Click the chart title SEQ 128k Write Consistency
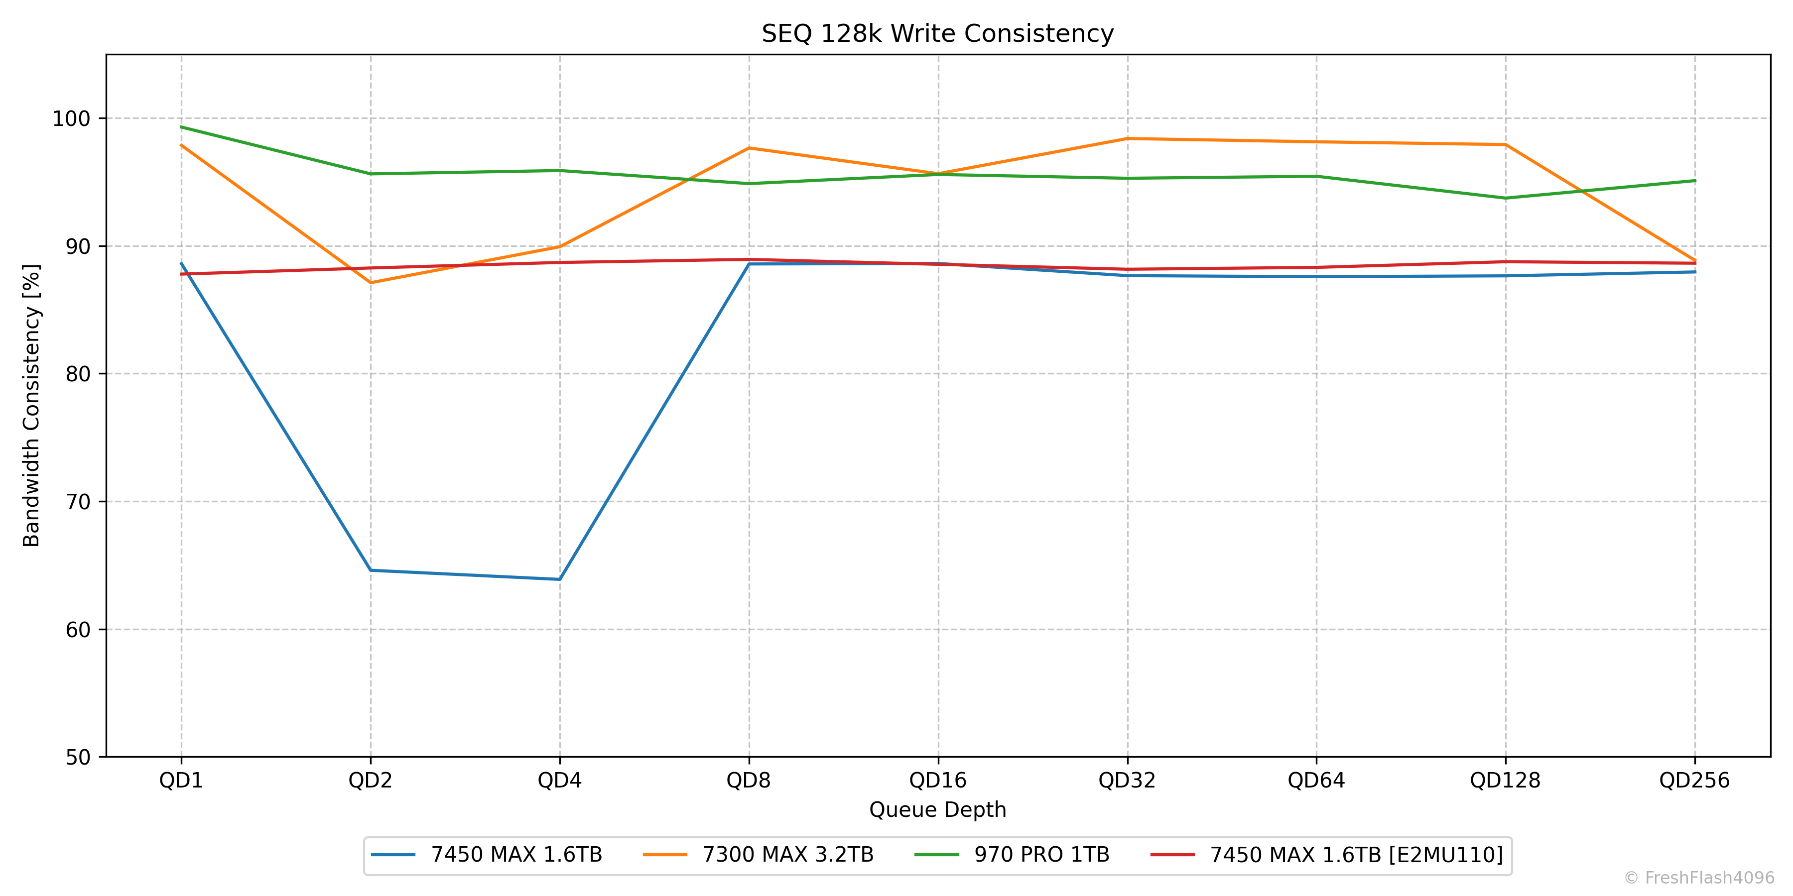click(937, 33)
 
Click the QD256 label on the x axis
click(1694, 781)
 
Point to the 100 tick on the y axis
click(72, 119)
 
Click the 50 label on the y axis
click(78, 758)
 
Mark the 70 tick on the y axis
click(78, 502)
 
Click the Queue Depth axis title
click(937, 810)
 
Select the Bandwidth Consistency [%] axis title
click(32, 406)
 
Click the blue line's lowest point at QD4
click(560, 579)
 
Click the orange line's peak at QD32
click(1127, 138)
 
